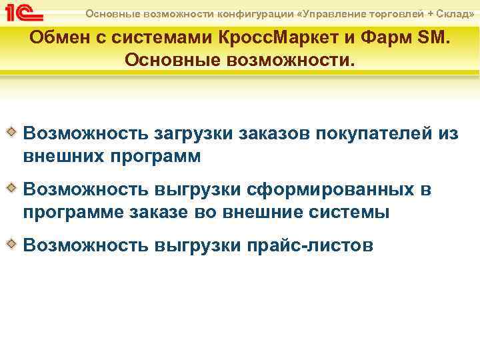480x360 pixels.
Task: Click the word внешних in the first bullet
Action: coord(62,157)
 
